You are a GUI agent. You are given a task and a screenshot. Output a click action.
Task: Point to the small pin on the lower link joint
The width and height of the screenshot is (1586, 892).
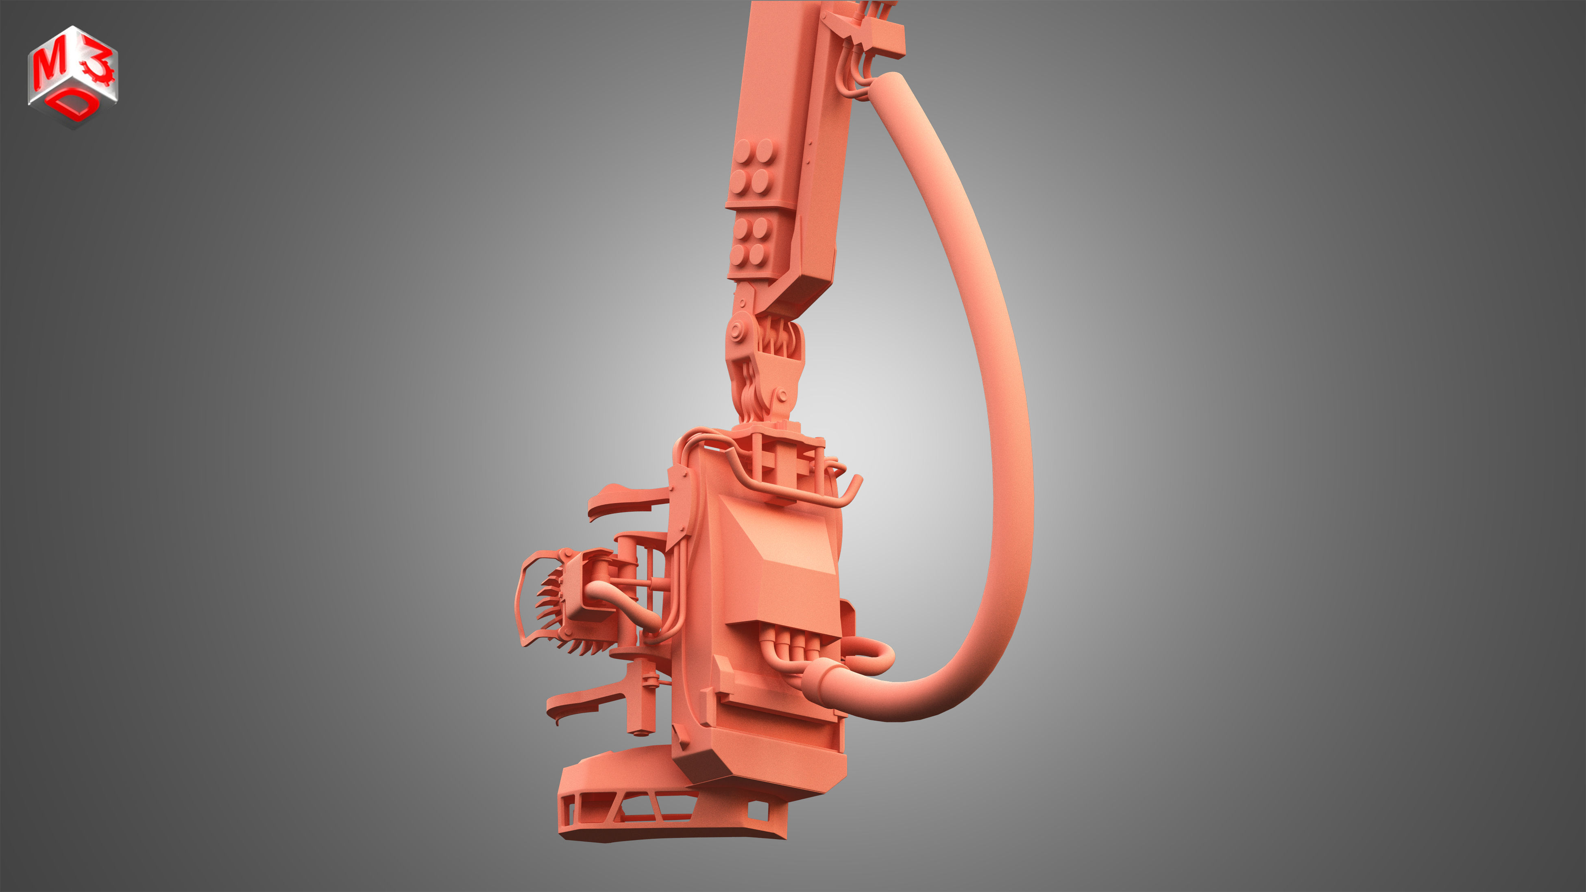click(x=781, y=395)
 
